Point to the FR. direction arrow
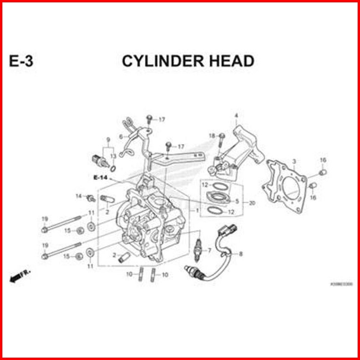pyautogui.click(x=18, y=277)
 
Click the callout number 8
pyautogui.click(x=241, y=254)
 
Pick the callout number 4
pyautogui.click(x=236, y=116)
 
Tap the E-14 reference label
pyautogui.click(x=101, y=178)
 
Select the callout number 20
pyautogui.click(x=252, y=203)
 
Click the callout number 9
pyautogui.click(x=108, y=140)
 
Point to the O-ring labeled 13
pyautogui.click(x=113, y=168)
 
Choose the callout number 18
pyautogui.click(x=212, y=136)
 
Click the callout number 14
pyautogui.click(x=79, y=196)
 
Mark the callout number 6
pyautogui.click(x=121, y=136)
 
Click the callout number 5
pyautogui.click(x=237, y=201)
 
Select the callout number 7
pyautogui.click(x=209, y=250)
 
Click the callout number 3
pyautogui.click(x=294, y=162)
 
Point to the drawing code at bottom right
pyautogui.click(x=341, y=284)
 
